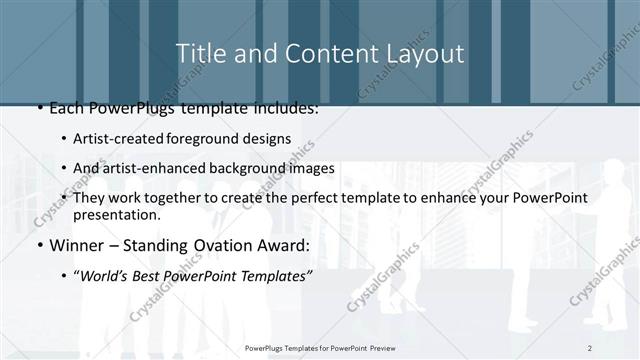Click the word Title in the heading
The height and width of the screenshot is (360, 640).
[x=198, y=53]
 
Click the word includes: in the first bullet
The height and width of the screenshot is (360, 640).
[x=283, y=107]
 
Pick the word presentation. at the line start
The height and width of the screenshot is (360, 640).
[x=117, y=215]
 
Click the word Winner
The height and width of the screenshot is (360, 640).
[x=76, y=246]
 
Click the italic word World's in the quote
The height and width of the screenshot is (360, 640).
[x=106, y=277]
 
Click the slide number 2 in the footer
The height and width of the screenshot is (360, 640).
[x=590, y=347]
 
